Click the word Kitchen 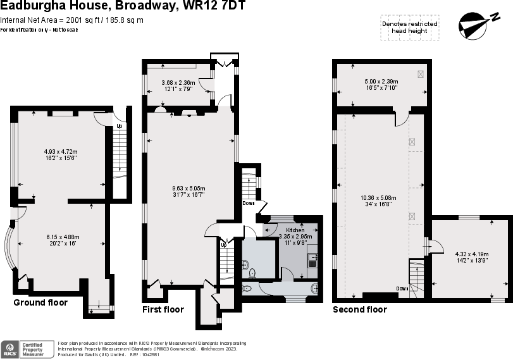click(x=295, y=230)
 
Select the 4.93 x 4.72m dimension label click(x=61, y=152)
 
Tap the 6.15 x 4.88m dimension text click(x=62, y=237)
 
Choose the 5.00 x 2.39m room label click(x=381, y=82)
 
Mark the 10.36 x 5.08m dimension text click(x=378, y=198)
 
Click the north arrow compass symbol click(x=473, y=26)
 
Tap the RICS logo click(x=10, y=349)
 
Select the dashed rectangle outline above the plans click(x=410, y=28)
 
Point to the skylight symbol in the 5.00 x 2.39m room click(x=421, y=73)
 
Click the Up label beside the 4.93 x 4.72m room click(x=118, y=125)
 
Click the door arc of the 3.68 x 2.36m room click(x=205, y=84)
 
